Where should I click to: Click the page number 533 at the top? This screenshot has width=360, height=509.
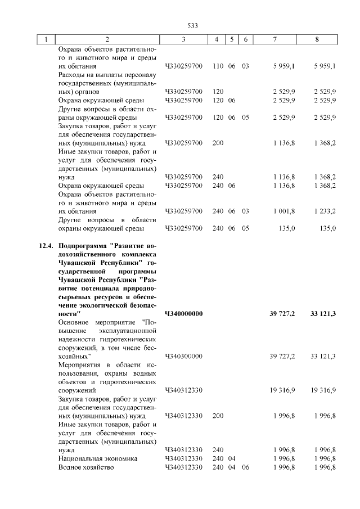point(193,26)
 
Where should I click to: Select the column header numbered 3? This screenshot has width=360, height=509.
point(184,39)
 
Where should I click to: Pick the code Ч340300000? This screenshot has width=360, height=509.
point(184,356)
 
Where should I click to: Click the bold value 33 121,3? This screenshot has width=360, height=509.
point(322,313)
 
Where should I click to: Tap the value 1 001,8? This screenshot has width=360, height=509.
point(284,211)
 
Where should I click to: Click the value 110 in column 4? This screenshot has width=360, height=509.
point(218,66)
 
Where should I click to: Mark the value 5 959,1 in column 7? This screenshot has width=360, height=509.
point(284,66)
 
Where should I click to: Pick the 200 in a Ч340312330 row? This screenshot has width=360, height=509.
point(218,416)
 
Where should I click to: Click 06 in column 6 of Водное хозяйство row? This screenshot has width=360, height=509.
point(245,467)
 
